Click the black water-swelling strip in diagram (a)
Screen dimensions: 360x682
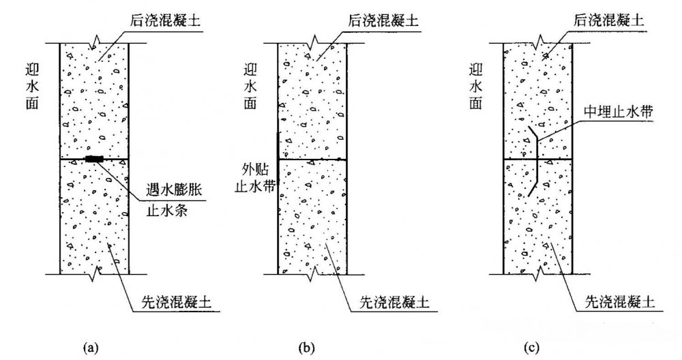(94, 159)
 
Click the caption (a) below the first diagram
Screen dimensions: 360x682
(89, 348)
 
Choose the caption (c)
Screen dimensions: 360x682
(531, 348)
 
